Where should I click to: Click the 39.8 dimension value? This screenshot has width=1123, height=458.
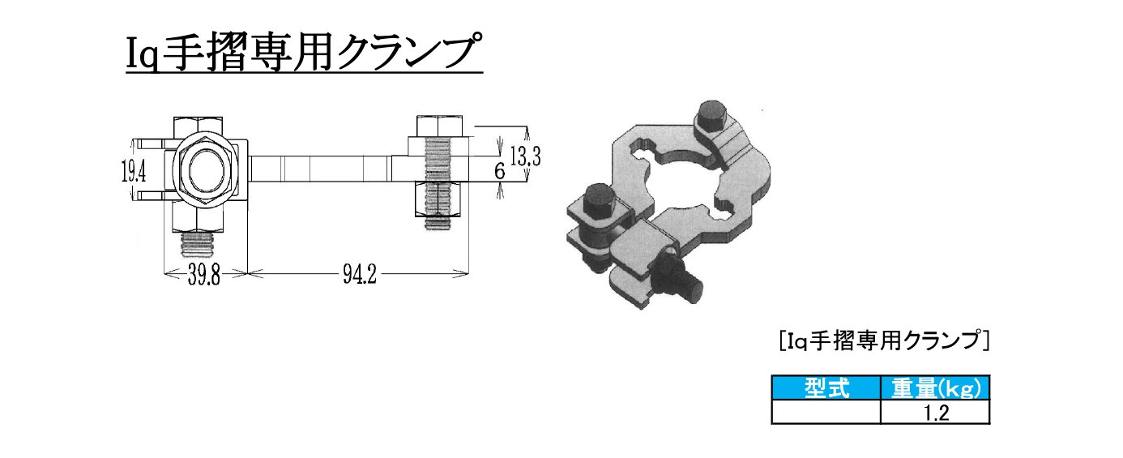point(205,276)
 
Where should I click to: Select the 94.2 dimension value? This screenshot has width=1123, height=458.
point(358,276)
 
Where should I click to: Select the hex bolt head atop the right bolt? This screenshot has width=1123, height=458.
point(439,127)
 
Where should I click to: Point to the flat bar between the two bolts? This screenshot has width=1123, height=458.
point(324,170)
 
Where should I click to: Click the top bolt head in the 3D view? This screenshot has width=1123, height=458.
point(711,115)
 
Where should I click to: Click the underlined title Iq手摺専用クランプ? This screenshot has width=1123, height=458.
point(304,54)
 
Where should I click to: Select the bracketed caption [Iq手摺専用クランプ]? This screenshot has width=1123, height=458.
point(884,341)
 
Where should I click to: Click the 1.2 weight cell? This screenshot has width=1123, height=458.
point(935,413)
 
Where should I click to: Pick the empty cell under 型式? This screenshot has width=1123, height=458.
point(826,413)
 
